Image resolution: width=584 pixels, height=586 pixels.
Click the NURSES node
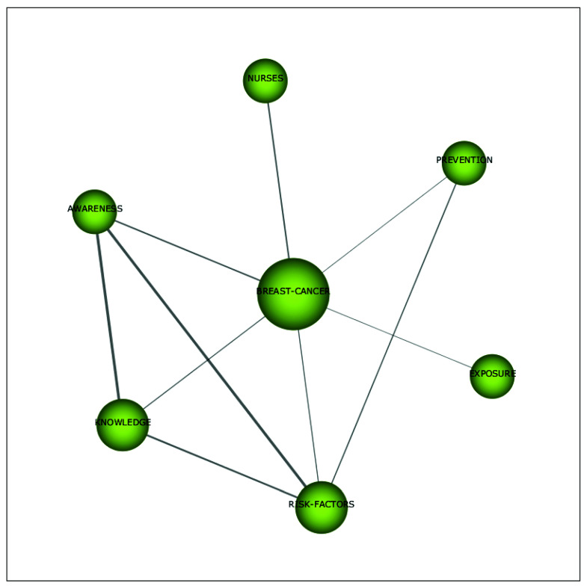click(265, 81)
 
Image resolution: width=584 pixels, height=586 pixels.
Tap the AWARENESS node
click(95, 212)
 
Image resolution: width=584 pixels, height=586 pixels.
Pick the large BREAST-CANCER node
click(293, 294)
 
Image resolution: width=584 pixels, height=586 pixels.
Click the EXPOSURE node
click(492, 377)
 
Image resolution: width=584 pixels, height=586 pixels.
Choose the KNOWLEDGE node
click(123, 425)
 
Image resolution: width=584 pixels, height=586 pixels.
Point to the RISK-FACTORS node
click(322, 508)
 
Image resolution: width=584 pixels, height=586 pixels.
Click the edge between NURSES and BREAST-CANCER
click(278, 179)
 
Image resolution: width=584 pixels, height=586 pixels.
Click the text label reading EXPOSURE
click(493, 374)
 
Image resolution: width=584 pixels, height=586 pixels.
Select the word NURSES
click(265, 78)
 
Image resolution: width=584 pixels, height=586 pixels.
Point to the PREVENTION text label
click(464, 160)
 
